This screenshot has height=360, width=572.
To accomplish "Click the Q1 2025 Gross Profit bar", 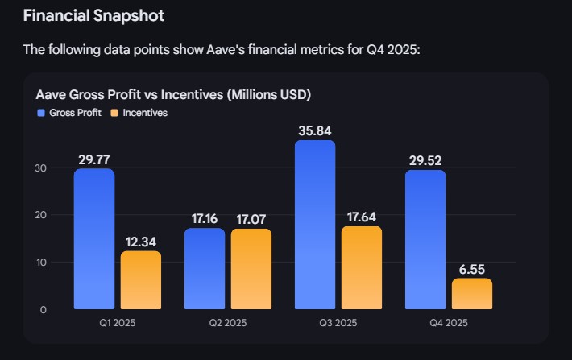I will (x=94, y=239).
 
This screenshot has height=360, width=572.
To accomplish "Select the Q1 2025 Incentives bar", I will (x=141, y=280).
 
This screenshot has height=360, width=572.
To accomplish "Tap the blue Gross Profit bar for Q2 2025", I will (x=205, y=269).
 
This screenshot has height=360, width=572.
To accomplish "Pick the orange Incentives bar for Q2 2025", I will (x=251, y=269).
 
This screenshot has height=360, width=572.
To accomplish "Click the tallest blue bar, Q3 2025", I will (x=315, y=226).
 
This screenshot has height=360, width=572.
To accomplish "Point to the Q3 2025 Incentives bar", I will (x=362, y=267).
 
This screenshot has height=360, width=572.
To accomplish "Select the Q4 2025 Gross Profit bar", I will (x=425, y=239).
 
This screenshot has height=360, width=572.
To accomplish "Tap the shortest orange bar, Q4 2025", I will (x=472, y=294).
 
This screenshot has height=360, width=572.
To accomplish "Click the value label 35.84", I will (x=314, y=130).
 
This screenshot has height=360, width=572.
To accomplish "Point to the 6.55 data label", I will (x=472, y=269).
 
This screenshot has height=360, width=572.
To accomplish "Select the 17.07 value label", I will (x=251, y=219).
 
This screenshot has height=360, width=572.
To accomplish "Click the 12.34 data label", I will (x=141, y=242).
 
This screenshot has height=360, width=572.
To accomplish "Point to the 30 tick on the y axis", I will (x=42, y=168).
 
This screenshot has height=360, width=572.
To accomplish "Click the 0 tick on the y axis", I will (x=44, y=310).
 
